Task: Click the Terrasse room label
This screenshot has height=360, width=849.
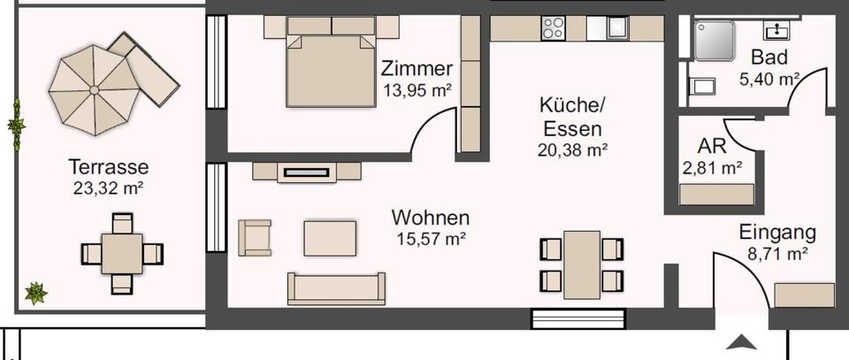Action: point(109,166)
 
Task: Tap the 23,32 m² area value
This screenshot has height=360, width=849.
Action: point(109,187)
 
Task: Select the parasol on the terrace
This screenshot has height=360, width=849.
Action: point(92,89)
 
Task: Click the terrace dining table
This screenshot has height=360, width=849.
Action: point(122,253)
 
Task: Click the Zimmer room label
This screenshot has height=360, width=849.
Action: point(417,69)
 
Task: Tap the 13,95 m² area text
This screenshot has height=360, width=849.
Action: point(417,89)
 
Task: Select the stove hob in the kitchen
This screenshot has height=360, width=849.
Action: point(554,28)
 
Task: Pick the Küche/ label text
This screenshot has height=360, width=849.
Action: point(572,106)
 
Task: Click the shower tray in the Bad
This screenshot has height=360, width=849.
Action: point(715,40)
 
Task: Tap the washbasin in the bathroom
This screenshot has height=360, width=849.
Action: point(778,30)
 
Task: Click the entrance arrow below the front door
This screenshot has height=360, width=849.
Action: point(741,341)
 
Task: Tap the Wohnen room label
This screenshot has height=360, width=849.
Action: point(431,218)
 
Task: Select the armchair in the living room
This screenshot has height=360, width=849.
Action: point(255,237)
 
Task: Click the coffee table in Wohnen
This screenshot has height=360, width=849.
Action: point(330,238)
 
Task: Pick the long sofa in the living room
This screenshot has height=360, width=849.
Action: point(336,288)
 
